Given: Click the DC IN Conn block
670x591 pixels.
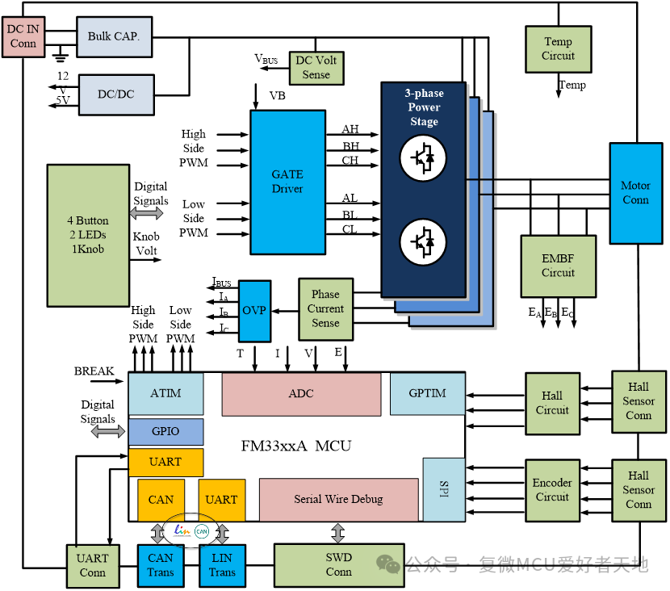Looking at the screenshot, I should (x=23, y=36).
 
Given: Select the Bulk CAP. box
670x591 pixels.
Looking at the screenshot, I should (x=114, y=36).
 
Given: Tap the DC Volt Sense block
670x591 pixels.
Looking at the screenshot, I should (x=316, y=67).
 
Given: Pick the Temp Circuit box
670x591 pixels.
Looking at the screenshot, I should (x=558, y=48).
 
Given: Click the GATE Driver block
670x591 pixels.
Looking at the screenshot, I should (x=287, y=181).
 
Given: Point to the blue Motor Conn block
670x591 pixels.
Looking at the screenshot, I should (x=635, y=193).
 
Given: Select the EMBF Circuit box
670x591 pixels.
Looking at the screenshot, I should (x=558, y=266).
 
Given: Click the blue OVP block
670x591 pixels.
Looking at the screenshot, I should (x=254, y=309).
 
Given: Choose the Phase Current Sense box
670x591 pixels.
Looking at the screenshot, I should (x=325, y=308).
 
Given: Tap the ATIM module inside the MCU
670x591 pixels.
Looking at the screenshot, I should (x=165, y=394).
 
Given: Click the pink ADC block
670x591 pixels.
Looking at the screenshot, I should (x=301, y=394).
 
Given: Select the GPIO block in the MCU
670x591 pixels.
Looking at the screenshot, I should (x=165, y=432).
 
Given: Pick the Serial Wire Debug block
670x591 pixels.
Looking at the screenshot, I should (x=338, y=500).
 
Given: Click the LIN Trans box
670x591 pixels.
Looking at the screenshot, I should (x=222, y=565).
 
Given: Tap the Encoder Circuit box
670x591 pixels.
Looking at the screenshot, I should (x=551, y=490).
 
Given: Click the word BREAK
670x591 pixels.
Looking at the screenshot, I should (x=94, y=371).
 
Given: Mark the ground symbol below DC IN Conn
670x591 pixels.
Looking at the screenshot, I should (x=58, y=57).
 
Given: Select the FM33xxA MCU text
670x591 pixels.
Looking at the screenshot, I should (x=296, y=446).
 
